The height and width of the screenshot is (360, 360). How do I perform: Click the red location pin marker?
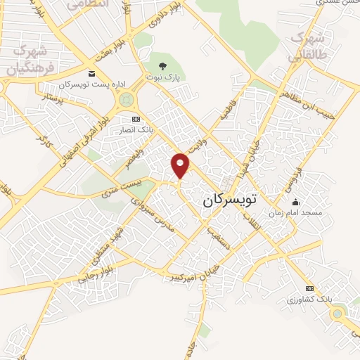click(181, 165)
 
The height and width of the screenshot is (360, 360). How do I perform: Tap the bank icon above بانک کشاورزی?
click(309, 288)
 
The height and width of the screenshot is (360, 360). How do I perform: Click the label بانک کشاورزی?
click(310, 300)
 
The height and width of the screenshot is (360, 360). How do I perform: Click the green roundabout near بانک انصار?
click(127, 101)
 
